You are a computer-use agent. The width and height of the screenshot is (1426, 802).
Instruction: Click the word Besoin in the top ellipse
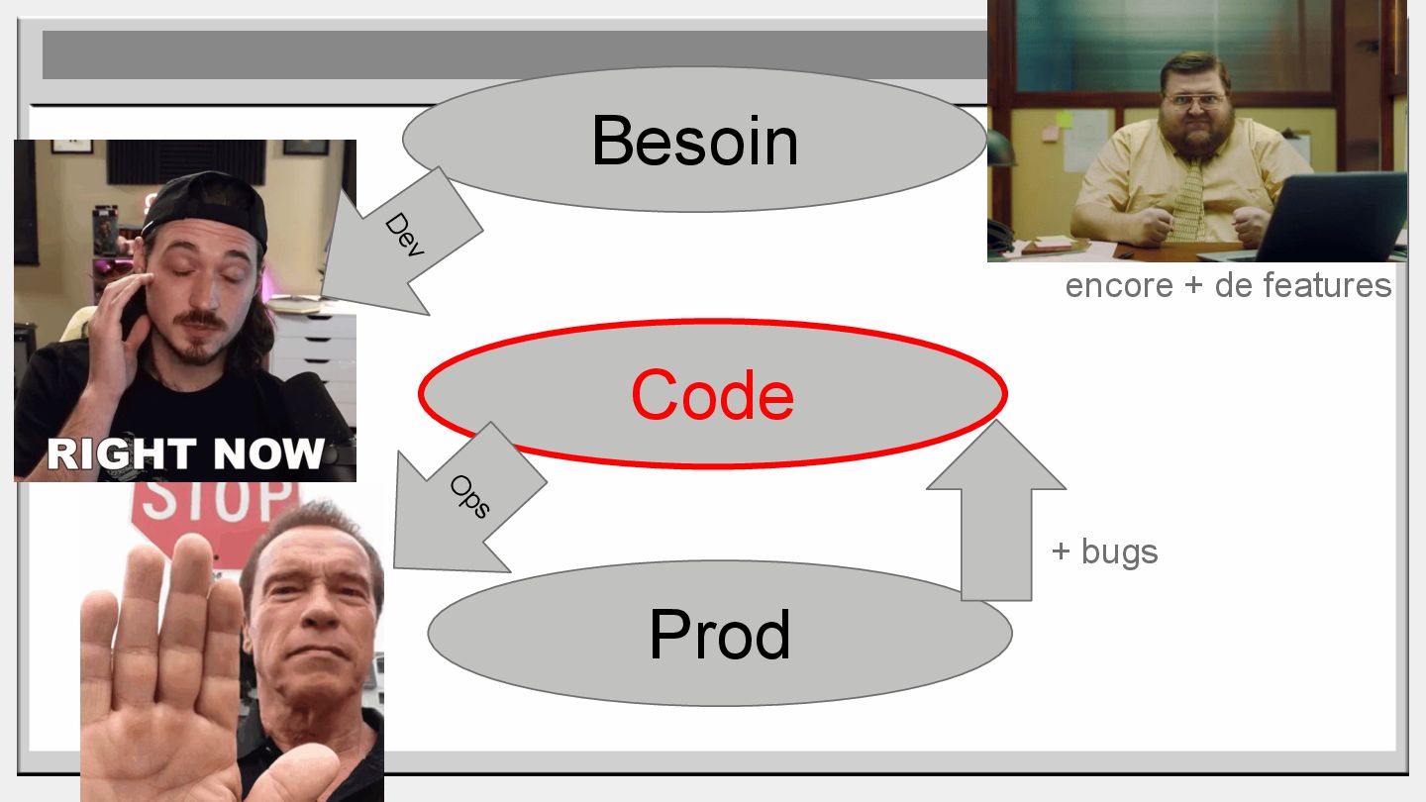point(694,141)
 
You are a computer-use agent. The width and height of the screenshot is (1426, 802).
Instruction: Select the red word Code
point(712,395)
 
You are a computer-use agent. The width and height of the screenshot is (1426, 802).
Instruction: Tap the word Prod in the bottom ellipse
point(720,634)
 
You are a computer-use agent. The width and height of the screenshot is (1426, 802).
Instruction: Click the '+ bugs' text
point(1104,551)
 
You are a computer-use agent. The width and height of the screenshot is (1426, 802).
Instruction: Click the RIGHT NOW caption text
point(185,453)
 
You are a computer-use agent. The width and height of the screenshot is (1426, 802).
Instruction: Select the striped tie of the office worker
point(1186,203)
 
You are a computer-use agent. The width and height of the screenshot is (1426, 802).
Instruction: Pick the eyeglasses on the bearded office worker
point(1196,99)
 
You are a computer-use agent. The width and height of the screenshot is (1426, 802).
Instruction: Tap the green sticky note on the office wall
point(1064,119)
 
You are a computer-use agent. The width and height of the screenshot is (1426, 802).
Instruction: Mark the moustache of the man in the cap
point(202,320)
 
